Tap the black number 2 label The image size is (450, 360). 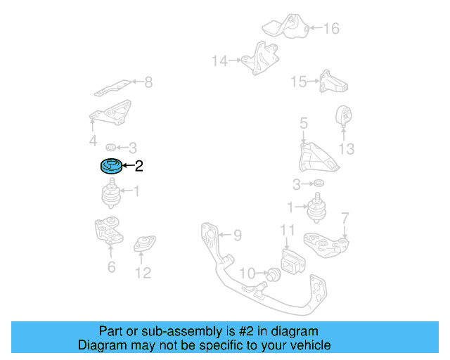coord(139,167)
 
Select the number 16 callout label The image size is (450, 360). coord(330,29)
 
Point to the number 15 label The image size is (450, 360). coord(299,82)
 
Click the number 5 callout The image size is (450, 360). coord(303,124)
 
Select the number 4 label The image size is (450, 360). coord(93,142)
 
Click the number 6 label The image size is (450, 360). coord(111,267)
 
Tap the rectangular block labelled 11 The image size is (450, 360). coord(290,263)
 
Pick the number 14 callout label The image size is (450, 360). coord(220,61)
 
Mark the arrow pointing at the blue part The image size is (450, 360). coord(127,167)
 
